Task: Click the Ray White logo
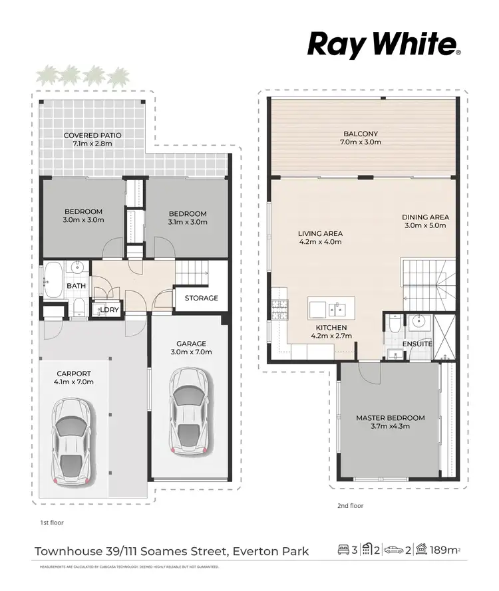coord(384,45)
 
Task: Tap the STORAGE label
coord(201,298)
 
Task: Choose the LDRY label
coord(109,310)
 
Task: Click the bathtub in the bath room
coord(53,279)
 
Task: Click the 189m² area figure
coord(446,550)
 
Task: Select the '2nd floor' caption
coord(350,506)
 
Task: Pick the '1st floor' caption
coord(47,523)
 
